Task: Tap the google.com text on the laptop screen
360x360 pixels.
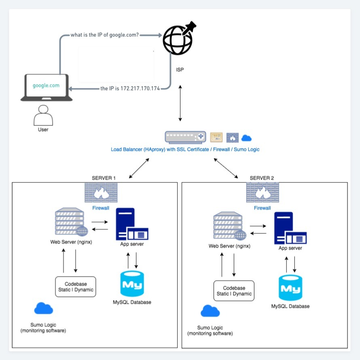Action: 46,85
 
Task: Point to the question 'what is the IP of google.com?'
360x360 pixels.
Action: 105,35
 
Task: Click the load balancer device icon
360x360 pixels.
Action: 186,137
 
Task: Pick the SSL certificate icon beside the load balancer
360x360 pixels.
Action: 216,137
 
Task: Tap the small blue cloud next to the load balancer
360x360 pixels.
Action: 246,138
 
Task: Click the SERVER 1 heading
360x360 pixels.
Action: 104,178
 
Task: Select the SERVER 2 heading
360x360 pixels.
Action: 262,178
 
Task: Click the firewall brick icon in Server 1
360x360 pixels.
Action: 101,193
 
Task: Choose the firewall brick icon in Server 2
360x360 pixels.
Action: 262,193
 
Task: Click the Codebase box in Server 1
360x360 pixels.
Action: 76,287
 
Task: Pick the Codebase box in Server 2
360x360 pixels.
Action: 234,291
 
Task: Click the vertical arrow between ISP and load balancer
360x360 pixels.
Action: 180,103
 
